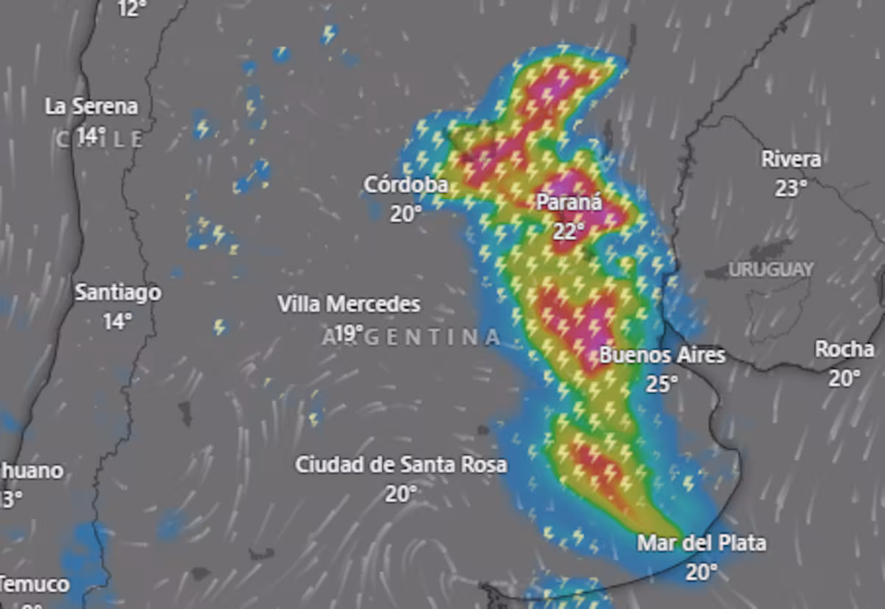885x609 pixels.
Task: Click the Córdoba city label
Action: [406, 184]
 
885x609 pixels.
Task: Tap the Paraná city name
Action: [569, 201]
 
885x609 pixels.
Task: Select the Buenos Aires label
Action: [662, 355]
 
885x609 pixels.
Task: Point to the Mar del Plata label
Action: [701, 543]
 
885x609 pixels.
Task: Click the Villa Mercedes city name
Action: [349, 304]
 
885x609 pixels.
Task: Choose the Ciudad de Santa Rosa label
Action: [401, 465]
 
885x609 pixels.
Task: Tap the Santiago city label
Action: [118, 293]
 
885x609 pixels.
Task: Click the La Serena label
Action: [91, 106]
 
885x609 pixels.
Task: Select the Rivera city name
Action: [791, 159]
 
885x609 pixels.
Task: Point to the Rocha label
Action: [844, 349]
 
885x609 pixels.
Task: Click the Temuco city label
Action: [35, 585]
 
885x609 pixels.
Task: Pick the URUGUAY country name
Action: [771, 270]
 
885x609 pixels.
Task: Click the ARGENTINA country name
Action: [412, 338]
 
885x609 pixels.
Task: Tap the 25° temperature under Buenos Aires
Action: [662, 383]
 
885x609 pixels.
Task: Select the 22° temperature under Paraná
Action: [569, 231]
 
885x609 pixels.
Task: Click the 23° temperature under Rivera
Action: [791, 189]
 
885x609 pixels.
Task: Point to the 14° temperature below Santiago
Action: [117, 321]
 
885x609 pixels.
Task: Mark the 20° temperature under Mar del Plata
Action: [701, 572]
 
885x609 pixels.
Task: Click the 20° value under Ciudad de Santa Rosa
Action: [400, 494]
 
